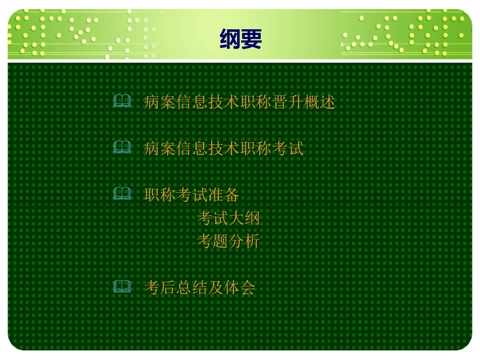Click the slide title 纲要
tap(241, 39)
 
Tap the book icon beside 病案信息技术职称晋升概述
tap(122, 102)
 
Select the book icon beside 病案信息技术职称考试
tap(122, 148)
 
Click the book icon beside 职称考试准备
tap(122, 194)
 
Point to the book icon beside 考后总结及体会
tap(122, 287)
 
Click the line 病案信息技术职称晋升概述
tap(239, 102)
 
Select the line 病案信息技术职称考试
tap(223, 148)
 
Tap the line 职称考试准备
tap(191, 194)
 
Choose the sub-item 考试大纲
tap(228, 219)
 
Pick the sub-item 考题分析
tap(228, 241)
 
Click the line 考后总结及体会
tap(199, 288)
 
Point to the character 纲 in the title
tap(230, 39)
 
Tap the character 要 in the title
tap(251, 39)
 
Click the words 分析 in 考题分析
tap(244, 241)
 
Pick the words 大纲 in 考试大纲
tap(244, 219)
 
